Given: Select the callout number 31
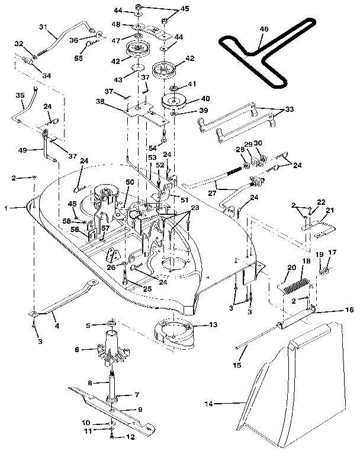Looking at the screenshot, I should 43,27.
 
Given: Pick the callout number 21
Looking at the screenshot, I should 330,210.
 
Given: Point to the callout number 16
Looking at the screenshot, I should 350,310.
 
